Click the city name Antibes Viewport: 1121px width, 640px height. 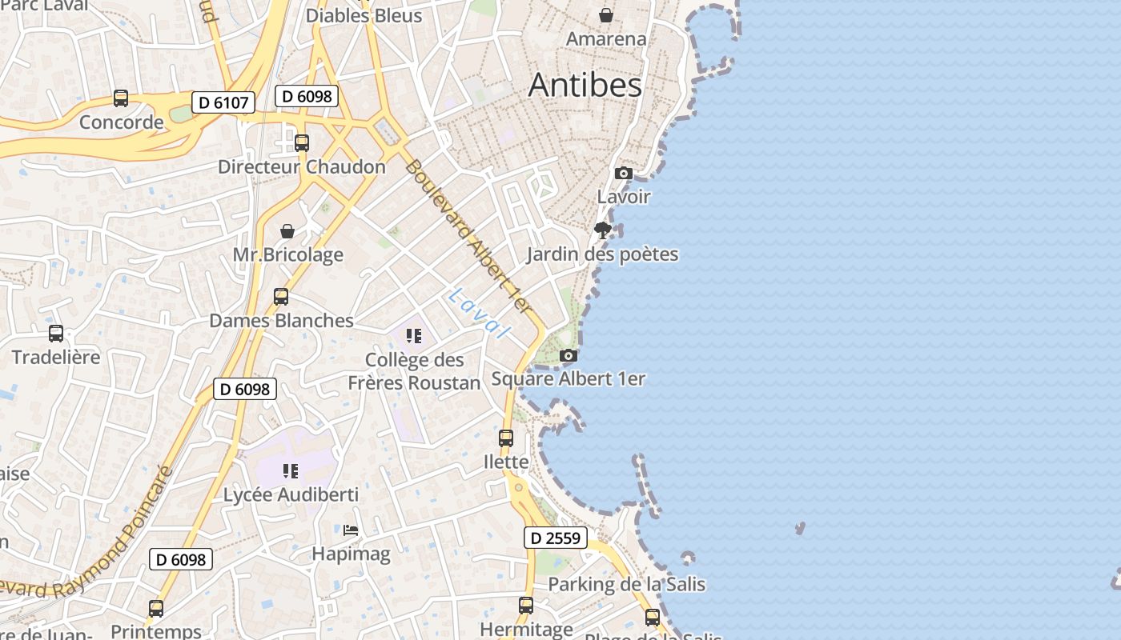tap(585, 86)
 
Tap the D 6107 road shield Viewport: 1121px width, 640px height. tap(223, 102)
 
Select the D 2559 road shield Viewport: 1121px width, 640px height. tap(556, 538)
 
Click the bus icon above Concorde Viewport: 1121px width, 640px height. tap(121, 98)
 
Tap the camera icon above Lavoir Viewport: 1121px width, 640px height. tap(623, 173)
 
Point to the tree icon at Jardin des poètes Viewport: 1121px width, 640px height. tap(603, 230)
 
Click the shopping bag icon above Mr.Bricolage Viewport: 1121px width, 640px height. tap(287, 231)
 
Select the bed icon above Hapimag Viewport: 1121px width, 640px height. tap(351, 530)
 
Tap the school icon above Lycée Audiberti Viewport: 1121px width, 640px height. tap(291, 471)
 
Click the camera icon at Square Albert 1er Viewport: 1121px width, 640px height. tap(568, 355)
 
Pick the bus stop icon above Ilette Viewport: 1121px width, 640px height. tap(506, 438)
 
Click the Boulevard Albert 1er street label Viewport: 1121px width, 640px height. tap(468, 236)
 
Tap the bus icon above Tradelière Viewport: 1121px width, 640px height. tap(56, 333)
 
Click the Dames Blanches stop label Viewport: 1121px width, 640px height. tap(281, 321)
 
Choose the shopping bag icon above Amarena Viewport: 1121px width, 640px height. tap(606, 15)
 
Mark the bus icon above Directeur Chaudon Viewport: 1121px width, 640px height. tap(302, 143)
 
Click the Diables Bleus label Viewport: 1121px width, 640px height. tap(364, 15)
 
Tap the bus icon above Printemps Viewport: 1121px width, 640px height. tap(156, 609)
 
